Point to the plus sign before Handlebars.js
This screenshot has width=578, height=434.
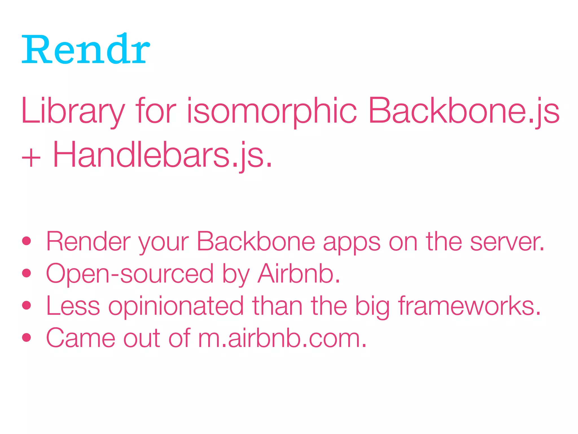pyautogui.click(x=31, y=158)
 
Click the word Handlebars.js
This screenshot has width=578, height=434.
pyautogui.click(x=162, y=155)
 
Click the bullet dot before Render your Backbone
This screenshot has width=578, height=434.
pyautogui.click(x=27, y=241)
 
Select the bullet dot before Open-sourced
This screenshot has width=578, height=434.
pyautogui.click(x=27, y=273)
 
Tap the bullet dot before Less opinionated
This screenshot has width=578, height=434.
pyautogui.click(x=27, y=305)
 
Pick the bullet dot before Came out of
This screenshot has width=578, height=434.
pyautogui.click(x=27, y=337)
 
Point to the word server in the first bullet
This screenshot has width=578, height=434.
pyautogui.click(x=507, y=242)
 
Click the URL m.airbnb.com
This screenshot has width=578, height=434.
pyautogui.click(x=282, y=338)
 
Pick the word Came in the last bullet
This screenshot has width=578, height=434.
pyautogui.click(x=81, y=338)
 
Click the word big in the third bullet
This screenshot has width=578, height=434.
pyautogui.click(x=372, y=307)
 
